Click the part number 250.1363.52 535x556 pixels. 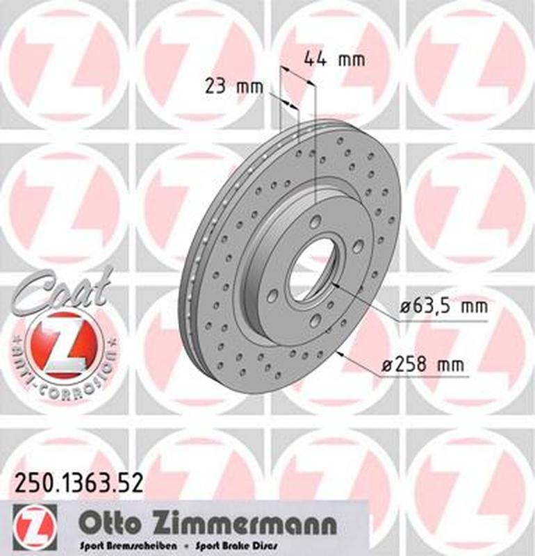(76, 482)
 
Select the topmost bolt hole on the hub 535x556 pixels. (316, 222)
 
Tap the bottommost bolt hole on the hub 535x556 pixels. (315, 320)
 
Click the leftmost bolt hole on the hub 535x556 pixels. (274, 295)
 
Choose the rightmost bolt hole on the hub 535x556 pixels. (357, 246)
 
